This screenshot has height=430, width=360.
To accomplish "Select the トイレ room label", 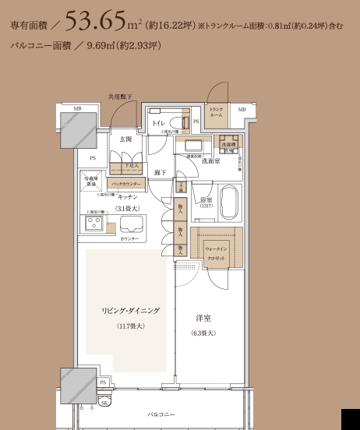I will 157,123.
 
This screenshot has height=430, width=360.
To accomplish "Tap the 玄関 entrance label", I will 126,139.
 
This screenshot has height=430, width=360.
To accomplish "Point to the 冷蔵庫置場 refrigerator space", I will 91,180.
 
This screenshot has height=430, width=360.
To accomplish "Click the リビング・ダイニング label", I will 130,310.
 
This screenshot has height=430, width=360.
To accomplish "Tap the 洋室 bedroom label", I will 203,318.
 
